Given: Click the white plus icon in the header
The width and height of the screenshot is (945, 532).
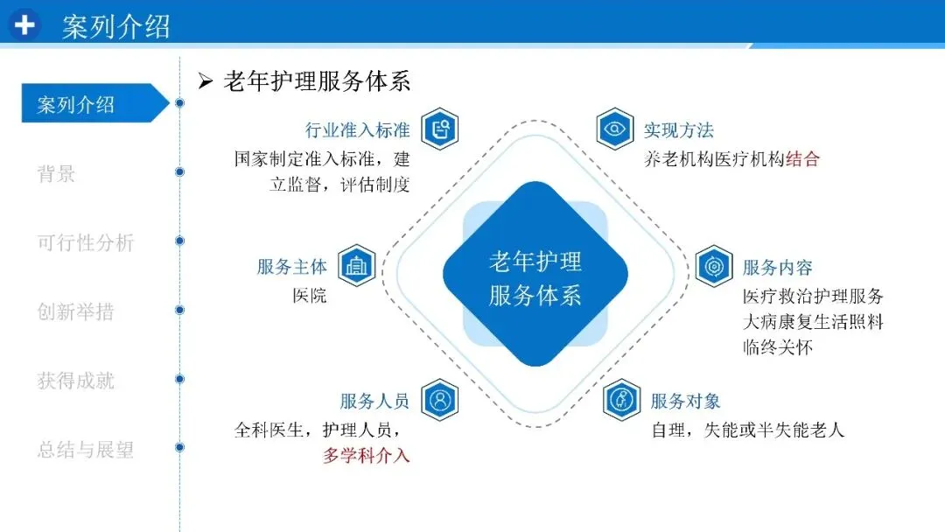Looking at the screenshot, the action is click(x=24, y=24).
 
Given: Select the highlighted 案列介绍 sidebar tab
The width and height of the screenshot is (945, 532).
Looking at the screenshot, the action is click(x=79, y=104).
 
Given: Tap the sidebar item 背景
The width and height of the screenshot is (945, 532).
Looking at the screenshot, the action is click(x=56, y=173).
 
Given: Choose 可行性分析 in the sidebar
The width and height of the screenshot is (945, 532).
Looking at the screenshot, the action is click(x=85, y=241).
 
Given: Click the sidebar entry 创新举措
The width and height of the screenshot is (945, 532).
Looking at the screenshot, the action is click(x=75, y=311).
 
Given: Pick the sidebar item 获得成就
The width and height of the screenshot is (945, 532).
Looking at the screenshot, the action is click(x=75, y=380).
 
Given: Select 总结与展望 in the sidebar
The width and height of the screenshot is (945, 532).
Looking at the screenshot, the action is click(x=85, y=450).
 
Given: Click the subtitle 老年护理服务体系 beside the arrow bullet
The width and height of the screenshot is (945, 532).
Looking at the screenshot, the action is click(x=317, y=81).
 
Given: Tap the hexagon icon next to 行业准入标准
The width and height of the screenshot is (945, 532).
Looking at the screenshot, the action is click(x=440, y=130).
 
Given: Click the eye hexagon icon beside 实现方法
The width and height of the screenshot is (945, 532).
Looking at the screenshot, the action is click(x=615, y=130).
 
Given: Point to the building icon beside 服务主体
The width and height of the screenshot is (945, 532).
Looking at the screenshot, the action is click(x=356, y=266).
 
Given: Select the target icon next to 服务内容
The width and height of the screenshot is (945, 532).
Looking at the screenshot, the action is click(x=714, y=266).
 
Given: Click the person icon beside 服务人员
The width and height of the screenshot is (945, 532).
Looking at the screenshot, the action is click(x=440, y=401).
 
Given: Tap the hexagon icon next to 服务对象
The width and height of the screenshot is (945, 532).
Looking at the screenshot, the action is click(x=622, y=401).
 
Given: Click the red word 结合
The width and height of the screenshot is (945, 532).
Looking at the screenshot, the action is click(x=802, y=159).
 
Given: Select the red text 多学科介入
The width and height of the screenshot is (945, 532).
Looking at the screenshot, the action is click(x=366, y=456).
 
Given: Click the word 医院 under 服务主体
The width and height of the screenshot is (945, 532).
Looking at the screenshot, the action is click(x=310, y=295).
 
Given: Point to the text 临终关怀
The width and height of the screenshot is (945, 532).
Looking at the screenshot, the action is click(x=778, y=347).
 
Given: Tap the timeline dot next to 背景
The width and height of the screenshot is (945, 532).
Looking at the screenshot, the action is click(x=179, y=171).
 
